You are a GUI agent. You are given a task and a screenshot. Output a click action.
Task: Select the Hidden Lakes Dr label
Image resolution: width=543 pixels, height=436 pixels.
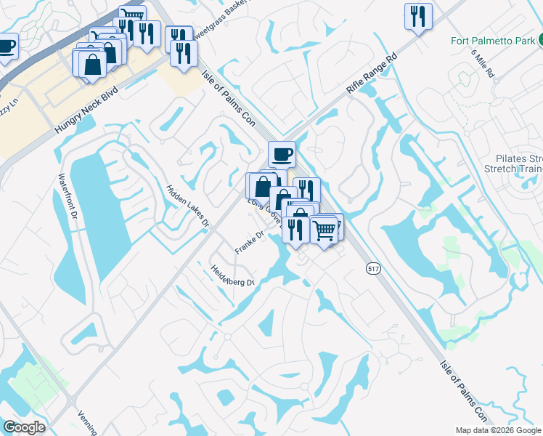tap(187, 206)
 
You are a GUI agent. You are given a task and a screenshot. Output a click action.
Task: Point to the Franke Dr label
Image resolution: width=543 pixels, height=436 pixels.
tap(248, 243)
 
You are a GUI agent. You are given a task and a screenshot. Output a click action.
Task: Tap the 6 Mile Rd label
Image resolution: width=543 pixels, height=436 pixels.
tap(482, 64)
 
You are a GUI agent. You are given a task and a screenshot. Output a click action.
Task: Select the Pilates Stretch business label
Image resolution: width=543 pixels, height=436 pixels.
tap(518, 164)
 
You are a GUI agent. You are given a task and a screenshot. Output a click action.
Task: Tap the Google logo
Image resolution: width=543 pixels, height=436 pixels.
tap(24, 427)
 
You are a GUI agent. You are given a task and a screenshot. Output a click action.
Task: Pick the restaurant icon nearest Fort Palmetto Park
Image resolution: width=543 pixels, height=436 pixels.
tap(418, 16)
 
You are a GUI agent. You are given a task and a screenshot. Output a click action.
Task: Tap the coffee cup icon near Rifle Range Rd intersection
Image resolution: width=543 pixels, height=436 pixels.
tap(282, 153)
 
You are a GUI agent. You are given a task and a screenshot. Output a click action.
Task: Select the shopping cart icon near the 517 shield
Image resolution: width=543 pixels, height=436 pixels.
tap(324, 230)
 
